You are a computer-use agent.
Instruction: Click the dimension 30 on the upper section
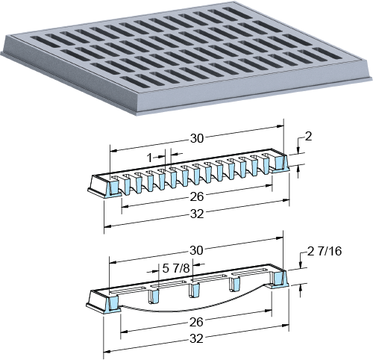[197, 138]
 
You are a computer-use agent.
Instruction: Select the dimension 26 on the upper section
[197, 196]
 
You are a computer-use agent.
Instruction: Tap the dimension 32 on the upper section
[197, 214]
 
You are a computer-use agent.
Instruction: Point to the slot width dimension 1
[149, 158]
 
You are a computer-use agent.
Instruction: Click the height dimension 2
[308, 137]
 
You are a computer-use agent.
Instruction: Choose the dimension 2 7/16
[325, 251]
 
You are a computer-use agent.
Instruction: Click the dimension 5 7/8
[176, 268]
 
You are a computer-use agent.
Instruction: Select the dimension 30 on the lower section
[196, 250]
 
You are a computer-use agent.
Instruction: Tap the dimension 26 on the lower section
[196, 323]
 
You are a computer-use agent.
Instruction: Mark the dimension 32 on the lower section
[196, 339]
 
